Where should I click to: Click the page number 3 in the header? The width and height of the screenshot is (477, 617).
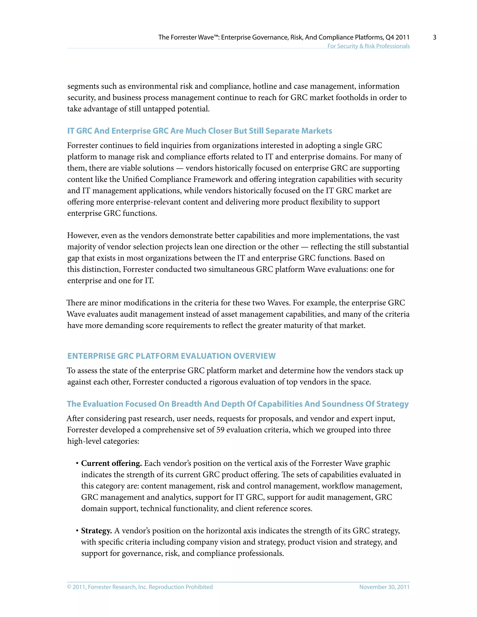click(434, 37)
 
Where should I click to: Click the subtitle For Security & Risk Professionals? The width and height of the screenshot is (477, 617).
click(368, 46)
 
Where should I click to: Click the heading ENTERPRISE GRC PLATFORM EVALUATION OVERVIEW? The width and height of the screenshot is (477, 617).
click(171, 356)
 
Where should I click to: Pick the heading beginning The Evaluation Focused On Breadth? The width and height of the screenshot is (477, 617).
click(237, 404)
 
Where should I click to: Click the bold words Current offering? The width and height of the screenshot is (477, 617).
click(111, 463)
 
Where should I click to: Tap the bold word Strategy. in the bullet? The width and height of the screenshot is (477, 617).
click(96, 531)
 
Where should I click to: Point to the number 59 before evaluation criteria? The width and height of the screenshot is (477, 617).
click(220, 430)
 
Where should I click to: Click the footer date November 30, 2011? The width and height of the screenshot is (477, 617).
click(384, 587)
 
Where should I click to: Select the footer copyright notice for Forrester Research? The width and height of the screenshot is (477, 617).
click(140, 587)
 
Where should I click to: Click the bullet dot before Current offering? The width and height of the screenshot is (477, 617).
click(77, 464)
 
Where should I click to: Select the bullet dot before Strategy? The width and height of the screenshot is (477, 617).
click(77, 531)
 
